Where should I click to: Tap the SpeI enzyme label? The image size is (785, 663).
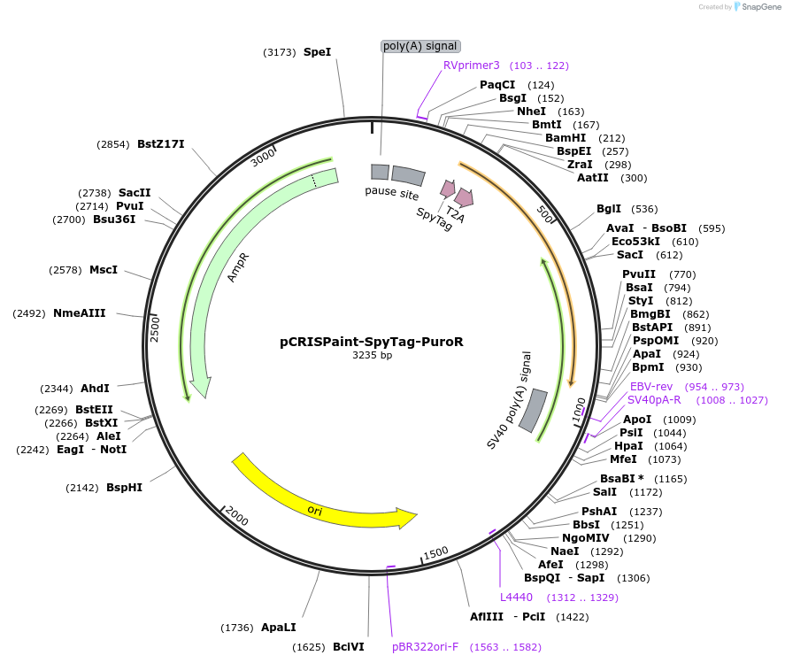pos(317,52)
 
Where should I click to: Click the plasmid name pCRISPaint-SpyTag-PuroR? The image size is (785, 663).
pos(372,341)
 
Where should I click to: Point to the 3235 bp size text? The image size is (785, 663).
pos(372,355)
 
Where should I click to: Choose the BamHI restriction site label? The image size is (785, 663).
pos(566,138)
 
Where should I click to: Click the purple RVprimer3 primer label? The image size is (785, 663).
pos(472,66)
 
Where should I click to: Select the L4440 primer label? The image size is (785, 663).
pos(516,597)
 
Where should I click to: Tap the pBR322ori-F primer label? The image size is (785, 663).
pos(426,647)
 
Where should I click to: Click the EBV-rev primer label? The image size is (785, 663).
pos(651,387)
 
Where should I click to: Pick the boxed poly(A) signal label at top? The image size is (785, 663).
pos(421,46)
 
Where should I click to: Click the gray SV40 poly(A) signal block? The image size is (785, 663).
pos(533,412)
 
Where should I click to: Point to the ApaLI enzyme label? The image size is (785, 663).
pos(279,628)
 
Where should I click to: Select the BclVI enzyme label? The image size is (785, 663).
pos(349,647)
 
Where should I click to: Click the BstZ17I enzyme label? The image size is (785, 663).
pos(161,144)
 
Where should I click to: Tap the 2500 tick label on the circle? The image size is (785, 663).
pos(155,328)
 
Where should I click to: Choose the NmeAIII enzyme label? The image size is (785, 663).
pos(80,313)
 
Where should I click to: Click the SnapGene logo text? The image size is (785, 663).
pos(760,7)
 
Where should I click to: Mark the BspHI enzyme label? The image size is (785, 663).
pos(125,487)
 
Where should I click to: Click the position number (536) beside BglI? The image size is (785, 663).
pos(644,210)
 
